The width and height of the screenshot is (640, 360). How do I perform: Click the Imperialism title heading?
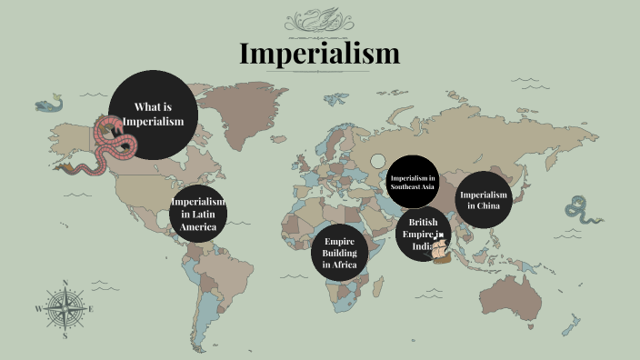[319, 54]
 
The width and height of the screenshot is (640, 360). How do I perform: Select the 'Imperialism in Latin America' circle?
[198, 214]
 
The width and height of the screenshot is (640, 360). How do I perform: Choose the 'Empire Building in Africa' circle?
[340, 253]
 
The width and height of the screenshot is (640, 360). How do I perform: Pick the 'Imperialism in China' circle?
[484, 199]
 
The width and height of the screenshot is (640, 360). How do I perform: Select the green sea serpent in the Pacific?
[579, 211]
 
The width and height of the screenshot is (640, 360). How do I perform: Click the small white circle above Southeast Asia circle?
[378, 161]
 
